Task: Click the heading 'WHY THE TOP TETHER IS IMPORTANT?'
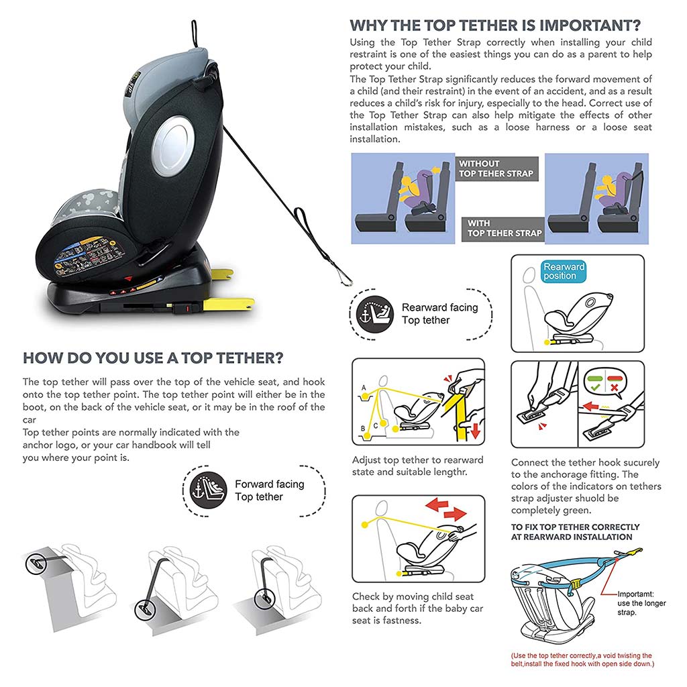click(495, 25)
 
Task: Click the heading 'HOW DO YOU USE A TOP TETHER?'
click(153, 358)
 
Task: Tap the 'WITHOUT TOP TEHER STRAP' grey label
click(496, 168)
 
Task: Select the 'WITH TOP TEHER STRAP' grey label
click(503, 229)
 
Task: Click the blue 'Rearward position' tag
click(564, 271)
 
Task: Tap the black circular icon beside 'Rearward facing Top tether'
click(374, 314)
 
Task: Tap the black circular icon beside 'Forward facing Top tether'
click(208, 490)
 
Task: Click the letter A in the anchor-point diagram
click(364, 388)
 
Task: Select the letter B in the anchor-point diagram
click(363, 429)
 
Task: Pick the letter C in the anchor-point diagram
click(376, 425)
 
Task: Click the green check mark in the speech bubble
click(595, 388)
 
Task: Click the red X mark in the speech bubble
click(615, 388)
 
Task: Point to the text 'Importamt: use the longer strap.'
click(641, 603)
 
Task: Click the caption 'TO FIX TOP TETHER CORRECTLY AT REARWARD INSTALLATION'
click(575, 532)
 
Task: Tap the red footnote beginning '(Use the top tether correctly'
click(582, 659)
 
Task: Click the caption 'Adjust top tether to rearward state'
click(418, 460)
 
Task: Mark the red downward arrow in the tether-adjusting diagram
click(476, 432)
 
